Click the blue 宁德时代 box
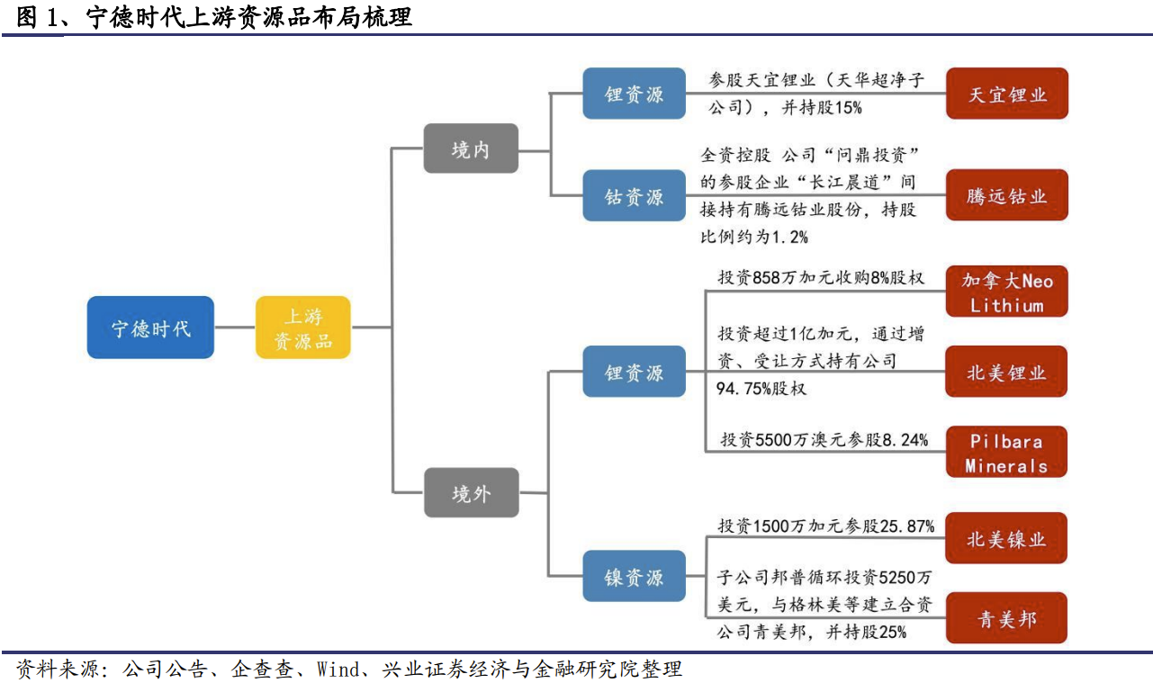tap(150, 328)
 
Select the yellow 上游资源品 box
tap(303, 328)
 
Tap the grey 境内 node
tap(471, 148)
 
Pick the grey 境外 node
tap(471, 492)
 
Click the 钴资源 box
tap(634, 195)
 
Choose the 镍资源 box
tap(634, 576)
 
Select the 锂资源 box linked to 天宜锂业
tap(634, 94)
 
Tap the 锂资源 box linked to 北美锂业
tap(634, 371)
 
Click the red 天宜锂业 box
tap(1007, 94)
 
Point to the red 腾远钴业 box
tap(1007, 195)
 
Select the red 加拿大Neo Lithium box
tap(1007, 292)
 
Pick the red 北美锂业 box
tap(1006, 371)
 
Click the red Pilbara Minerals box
tap(1006, 452)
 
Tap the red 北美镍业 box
tap(1006, 538)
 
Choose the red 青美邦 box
tap(1006, 617)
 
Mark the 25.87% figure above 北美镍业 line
tap(907, 526)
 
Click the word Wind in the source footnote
tap(338, 670)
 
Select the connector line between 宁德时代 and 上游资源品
tap(235, 328)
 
